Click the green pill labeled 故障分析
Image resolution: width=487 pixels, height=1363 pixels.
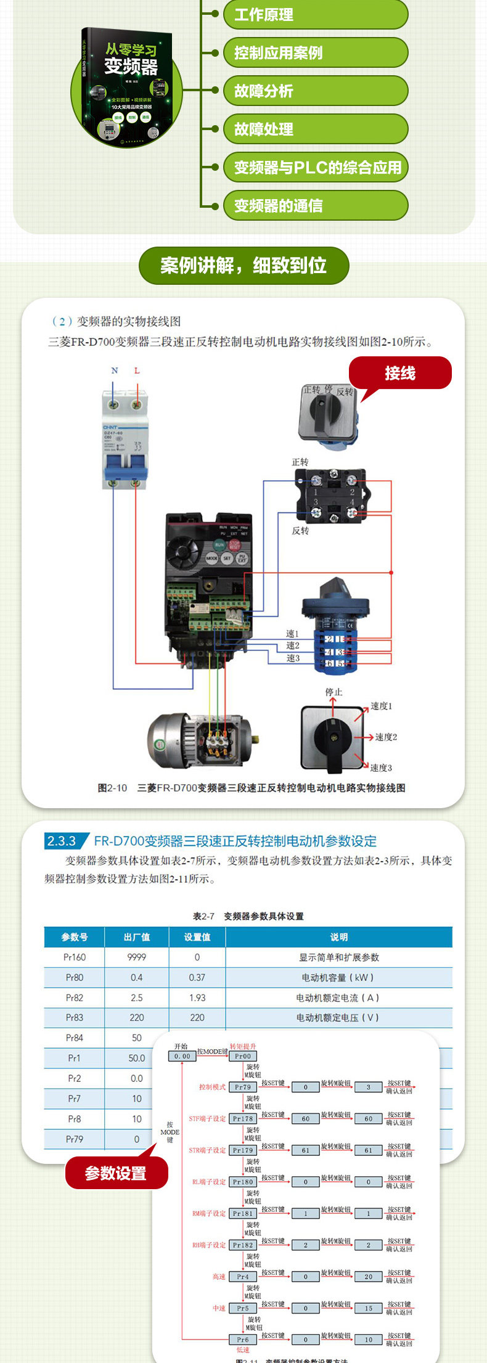(x=315, y=91)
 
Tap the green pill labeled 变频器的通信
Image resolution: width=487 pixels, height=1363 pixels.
(x=315, y=205)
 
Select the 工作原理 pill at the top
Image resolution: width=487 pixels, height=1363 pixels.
(x=315, y=14)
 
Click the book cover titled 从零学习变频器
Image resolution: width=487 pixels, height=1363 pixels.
(x=130, y=86)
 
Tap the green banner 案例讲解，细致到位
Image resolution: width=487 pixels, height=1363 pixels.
(x=243, y=266)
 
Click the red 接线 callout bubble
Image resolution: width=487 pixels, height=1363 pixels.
(x=400, y=373)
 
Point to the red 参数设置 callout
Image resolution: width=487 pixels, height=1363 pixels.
(x=116, y=1173)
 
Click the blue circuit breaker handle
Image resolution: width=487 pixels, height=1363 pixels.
(x=125, y=473)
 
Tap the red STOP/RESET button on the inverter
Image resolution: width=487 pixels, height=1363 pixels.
(x=235, y=544)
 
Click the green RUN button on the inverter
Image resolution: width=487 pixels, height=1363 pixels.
(x=219, y=544)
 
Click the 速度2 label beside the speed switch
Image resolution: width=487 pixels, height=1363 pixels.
(x=386, y=737)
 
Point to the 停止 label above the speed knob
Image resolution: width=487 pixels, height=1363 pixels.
(x=334, y=692)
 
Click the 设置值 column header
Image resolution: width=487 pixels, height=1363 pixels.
(x=197, y=937)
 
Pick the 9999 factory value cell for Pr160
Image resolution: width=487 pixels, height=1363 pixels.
(x=136, y=957)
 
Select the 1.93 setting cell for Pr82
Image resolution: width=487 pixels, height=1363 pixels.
(x=197, y=997)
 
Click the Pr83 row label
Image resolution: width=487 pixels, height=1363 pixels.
(x=74, y=1018)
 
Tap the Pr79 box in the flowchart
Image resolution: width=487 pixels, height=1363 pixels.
(x=243, y=1087)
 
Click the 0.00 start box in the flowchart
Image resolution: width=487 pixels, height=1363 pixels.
(x=182, y=1056)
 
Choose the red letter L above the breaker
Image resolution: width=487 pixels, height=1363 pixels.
(x=137, y=370)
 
